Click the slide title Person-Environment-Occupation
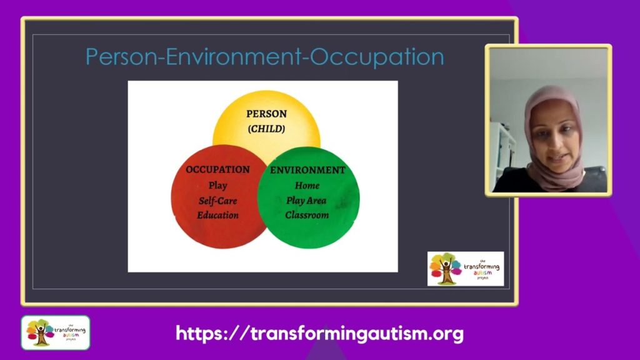tap(264, 57)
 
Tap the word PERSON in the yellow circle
tap(266, 114)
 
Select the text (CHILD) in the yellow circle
tap(266, 129)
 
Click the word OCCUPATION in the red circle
tap(217, 170)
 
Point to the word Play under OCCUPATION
tap(218, 186)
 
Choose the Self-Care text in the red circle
tap(218, 201)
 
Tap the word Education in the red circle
tap(218, 216)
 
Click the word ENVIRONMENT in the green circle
tap(307, 170)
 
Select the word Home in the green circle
tap(307, 186)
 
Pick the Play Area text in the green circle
tap(307, 201)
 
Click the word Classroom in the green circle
tap(307, 216)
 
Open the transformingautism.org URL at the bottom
tap(319, 333)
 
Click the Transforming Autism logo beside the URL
tap(56, 332)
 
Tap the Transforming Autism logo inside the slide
tap(465, 269)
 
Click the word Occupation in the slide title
tap(377, 57)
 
